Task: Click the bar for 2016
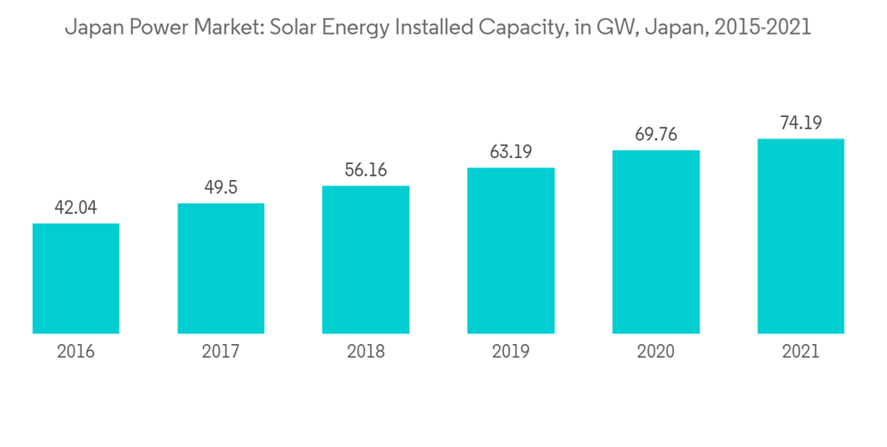[x=75, y=278]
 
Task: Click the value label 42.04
[x=75, y=208]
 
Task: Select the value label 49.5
[x=221, y=188]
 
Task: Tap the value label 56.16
[x=365, y=170]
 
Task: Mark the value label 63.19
[x=511, y=153]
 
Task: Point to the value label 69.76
[x=655, y=135]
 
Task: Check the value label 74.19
[x=800, y=123]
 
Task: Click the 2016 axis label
[x=75, y=352]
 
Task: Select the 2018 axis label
[x=365, y=352]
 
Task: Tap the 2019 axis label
[x=511, y=352]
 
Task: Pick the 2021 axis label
[x=800, y=352]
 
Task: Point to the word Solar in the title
[x=296, y=28]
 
